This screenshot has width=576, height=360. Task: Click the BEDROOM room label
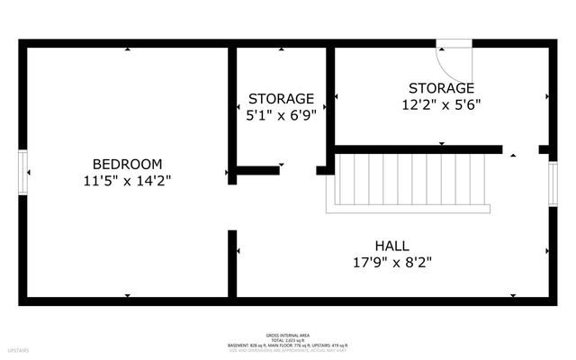tap(127, 164)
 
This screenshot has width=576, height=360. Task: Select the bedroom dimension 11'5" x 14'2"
tap(127, 180)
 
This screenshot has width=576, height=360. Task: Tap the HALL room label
tap(391, 246)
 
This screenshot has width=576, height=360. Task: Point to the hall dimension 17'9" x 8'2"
tap(391, 263)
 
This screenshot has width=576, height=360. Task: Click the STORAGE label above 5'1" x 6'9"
tap(281, 98)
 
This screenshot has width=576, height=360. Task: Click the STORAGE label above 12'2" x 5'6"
tap(440, 87)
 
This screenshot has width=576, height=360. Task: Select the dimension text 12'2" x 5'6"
tap(440, 103)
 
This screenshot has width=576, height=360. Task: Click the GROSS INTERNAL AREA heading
tap(288, 332)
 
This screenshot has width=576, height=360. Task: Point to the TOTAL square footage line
tap(288, 338)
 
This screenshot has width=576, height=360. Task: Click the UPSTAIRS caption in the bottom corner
tap(18, 348)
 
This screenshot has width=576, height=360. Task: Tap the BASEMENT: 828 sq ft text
tap(247, 345)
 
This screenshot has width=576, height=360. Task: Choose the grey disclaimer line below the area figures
tap(288, 350)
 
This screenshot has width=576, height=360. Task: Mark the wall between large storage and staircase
tap(418, 149)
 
